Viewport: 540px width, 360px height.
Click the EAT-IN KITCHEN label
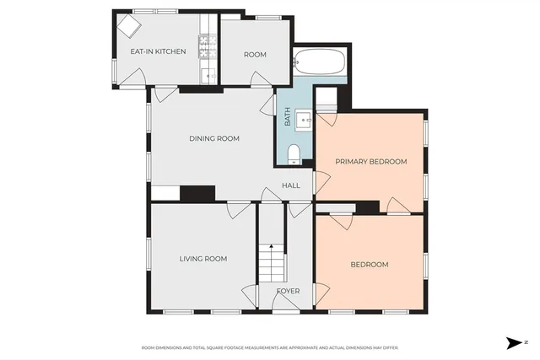[158, 52]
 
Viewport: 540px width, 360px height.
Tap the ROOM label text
[255, 55]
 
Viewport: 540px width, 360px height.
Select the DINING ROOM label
[213, 139]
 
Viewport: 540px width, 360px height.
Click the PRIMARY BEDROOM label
[371, 162]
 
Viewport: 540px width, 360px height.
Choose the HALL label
[290, 185]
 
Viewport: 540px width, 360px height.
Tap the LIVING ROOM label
[203, 259]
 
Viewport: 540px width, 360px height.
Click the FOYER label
[288, 292]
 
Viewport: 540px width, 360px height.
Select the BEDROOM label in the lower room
[370, 265]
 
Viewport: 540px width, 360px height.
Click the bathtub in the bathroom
[319, 62]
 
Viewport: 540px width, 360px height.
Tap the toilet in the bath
[294, 153]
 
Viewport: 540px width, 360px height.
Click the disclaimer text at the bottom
[269, 347]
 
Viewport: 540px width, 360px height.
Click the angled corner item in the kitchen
[129, 28]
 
